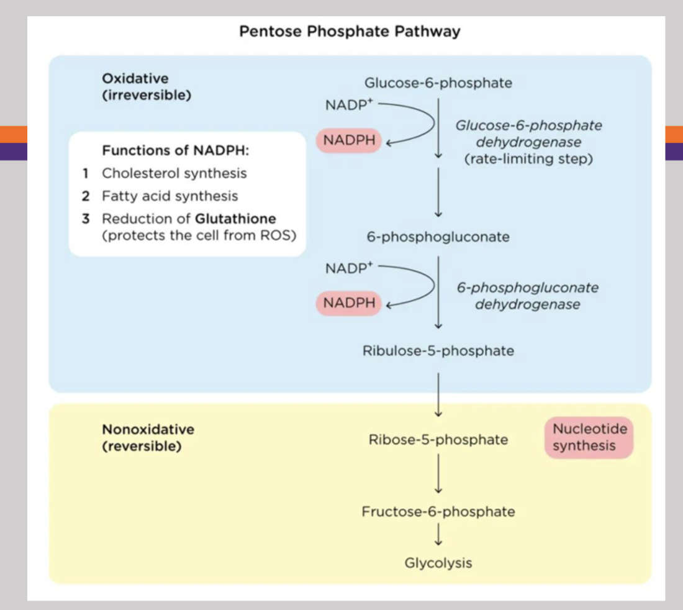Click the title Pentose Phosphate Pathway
350,31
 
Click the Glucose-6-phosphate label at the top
438,83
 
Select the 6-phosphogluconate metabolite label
438,237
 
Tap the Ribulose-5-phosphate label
438,350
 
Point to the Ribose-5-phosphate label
438,440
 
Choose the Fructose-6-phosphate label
438,512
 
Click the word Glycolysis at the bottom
438,563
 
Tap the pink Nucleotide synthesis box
589,437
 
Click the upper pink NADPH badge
349,141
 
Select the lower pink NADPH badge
349,303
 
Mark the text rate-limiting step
528,159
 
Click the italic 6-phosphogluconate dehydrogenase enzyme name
527,296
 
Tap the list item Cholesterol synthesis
174,173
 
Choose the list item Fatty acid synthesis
170,196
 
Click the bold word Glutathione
235,219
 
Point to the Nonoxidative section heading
148,429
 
